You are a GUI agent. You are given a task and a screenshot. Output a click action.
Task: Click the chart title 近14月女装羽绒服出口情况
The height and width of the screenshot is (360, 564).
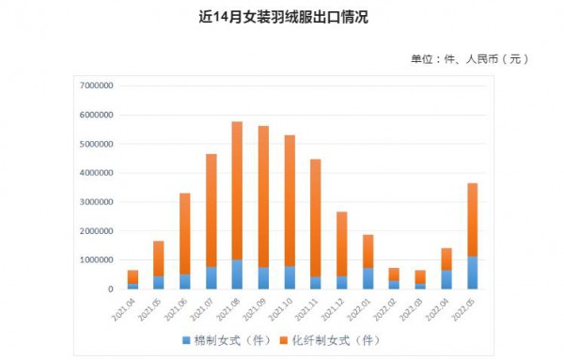(x=282, y=16)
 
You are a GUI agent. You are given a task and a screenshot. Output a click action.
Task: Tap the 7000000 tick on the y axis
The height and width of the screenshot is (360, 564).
(x=96, y=86)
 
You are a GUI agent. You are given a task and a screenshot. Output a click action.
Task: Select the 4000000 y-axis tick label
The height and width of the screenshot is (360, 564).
(x=96, y=173)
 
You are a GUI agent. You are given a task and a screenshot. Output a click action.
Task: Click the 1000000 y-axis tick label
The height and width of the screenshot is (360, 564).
(x=96, y=259)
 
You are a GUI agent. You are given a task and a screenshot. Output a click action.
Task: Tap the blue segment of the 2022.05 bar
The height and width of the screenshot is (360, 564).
(x=472, y=273)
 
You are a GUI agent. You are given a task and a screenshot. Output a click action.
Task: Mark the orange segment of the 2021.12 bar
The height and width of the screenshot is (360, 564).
(x=341, y=243)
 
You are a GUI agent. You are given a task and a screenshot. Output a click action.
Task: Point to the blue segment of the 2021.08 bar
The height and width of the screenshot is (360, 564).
(x=237, y=274)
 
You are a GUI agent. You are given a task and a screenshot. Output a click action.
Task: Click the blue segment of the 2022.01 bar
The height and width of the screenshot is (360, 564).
(x=368, y=278)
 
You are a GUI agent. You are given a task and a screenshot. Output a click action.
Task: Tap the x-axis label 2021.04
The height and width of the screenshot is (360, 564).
(x=125, y=307)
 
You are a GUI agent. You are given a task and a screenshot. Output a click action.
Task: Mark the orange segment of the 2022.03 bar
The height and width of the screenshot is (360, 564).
(x=420, y=277)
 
